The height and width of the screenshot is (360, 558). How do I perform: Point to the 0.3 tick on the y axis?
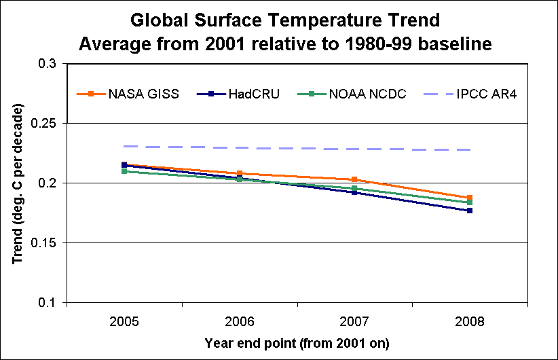(x=49, y=64)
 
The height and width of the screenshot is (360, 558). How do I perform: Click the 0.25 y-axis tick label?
(x=46, y=124)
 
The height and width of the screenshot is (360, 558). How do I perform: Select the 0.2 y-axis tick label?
(x=49, y=183)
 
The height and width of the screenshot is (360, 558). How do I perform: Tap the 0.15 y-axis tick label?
(x=46, y=243)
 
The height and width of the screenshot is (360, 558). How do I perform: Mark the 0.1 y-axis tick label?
(x=49, y=303)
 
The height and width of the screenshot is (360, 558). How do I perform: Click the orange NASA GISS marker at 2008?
(x=469, y=198)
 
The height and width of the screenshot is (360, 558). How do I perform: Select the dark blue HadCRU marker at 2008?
(x=469, y=211)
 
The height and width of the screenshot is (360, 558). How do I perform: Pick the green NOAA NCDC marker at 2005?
(x=124, y=171)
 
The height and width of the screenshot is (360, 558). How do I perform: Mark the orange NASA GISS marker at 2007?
(x=354, y=179)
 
